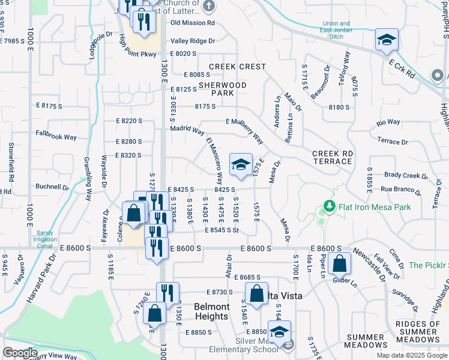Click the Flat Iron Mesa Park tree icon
[329, 206]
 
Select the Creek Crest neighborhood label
[237, 67]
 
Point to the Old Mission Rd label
[193, 23]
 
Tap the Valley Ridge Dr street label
[193, 41]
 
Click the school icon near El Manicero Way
[241, 165]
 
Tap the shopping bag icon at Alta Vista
[256, 294]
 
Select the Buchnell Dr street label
[52, 187]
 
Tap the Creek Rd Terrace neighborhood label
[332, 158]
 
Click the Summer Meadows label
[366, 340]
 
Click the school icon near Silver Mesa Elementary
[279, 332]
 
